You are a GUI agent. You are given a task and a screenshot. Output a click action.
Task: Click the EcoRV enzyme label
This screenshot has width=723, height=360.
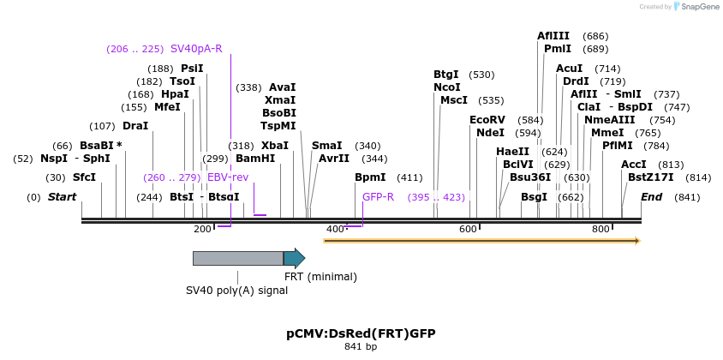point(487,119)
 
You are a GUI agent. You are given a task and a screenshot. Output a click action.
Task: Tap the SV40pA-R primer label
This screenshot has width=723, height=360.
point(196,48)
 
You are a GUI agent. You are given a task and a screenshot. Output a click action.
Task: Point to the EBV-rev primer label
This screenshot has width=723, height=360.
point(228,177)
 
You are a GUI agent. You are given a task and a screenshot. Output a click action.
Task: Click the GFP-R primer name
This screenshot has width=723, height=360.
point(378,197)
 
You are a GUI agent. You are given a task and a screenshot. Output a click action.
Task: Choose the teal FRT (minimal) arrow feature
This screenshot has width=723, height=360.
point(294,258)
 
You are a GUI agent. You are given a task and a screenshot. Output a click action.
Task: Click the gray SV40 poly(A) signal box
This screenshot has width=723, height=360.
point(237,258)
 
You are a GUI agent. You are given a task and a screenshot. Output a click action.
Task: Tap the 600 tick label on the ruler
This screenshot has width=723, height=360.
point(468,229)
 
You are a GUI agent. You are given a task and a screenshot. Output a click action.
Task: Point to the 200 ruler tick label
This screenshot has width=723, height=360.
point(202,229)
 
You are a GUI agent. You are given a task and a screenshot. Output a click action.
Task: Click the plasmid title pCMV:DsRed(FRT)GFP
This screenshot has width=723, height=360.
point(355,333)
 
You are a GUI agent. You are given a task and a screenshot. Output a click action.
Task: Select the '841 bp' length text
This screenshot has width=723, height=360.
point(361,347)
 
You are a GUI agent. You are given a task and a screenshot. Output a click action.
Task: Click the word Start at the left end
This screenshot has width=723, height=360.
point(62,197)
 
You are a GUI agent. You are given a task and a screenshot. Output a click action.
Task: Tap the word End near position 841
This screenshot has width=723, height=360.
point(651,197)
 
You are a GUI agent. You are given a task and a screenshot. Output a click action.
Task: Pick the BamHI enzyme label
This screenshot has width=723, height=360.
point(255,158)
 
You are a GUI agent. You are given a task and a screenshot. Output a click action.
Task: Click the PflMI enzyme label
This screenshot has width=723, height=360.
point(618,145)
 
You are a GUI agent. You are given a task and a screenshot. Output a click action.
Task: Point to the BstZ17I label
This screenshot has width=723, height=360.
point(651,177)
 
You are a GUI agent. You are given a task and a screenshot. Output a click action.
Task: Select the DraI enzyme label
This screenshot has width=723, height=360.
point(135,125)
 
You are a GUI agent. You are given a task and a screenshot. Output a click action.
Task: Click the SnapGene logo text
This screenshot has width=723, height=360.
point(700,7)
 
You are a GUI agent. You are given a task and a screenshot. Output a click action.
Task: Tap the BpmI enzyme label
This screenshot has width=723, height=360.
point(370,177)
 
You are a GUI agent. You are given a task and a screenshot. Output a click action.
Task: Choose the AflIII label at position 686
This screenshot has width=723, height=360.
point(553,36)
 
